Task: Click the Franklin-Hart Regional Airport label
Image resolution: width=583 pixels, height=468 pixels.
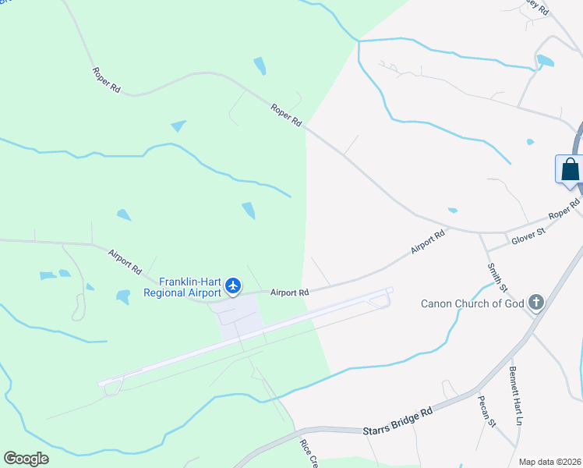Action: click(183, 287)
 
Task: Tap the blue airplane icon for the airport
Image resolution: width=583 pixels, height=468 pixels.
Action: click(233, 287)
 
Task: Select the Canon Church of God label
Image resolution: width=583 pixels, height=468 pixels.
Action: click(473, 303)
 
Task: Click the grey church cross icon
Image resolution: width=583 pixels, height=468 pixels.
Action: click(535, 302)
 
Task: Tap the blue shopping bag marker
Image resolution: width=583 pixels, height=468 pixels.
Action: click(570, 169)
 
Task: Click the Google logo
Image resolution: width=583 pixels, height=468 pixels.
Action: click(26, 459)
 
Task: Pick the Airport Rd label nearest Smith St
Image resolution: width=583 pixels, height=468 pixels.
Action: click(428, 243)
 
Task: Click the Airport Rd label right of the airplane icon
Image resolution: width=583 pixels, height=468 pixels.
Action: click(290, 292)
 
